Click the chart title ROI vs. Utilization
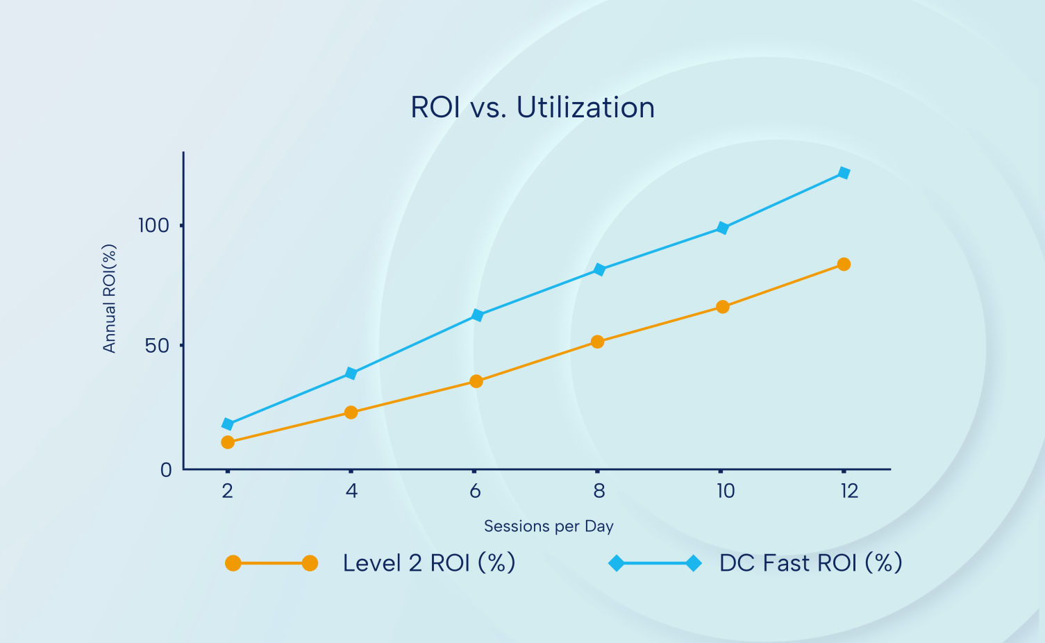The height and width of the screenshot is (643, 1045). [x=533, y=108]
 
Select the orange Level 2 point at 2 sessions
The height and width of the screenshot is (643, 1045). [x=228, y=442]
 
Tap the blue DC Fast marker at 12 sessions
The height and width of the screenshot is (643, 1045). [x=844, y=173]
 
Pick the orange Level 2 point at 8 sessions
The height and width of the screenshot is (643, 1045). [x=597, y=342]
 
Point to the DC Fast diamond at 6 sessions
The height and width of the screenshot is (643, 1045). [x=477, y=315]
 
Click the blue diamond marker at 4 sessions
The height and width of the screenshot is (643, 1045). [x=351, y=374]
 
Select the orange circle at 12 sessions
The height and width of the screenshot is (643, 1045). [x=844, y=265]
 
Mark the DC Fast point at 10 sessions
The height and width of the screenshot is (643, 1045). [x=722, y=228]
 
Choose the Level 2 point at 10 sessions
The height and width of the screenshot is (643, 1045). [x=722, y=307]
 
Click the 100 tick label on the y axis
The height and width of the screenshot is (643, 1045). [x=153, y=226]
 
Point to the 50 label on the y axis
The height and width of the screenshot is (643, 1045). [x=158, y=346]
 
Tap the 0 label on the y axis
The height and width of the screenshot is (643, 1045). [x=166, y=471]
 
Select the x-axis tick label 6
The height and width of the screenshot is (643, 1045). [x=475, y=492]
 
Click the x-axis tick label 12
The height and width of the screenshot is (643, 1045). [x=849, y=492]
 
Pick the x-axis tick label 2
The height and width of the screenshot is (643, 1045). [x=227, y=492]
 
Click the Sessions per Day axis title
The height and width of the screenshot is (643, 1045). [x=549, y=526]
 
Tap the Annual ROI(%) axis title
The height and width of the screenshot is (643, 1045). [x=109, y=299]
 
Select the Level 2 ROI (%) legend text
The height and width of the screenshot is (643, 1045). [x=429, y=563]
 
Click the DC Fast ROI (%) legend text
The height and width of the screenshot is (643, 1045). [x=810, y=563]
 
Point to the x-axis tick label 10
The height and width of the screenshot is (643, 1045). [x=726, y=492]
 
